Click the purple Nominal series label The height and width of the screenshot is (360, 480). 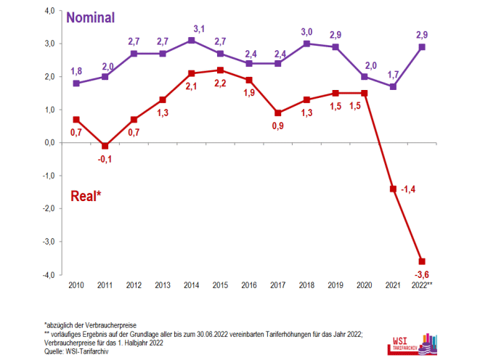[90, 18]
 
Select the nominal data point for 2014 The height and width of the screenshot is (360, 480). [190, 41]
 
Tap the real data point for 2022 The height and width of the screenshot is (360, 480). [421, 261]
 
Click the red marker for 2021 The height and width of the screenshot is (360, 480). [394, 189]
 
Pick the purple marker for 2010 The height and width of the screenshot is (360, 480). [76, 83]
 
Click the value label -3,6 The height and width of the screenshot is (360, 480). [421, 274]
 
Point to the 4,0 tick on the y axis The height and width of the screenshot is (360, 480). [49, 11]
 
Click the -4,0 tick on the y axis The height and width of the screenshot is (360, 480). [49, 275]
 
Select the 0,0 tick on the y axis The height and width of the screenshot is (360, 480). [49, 143]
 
